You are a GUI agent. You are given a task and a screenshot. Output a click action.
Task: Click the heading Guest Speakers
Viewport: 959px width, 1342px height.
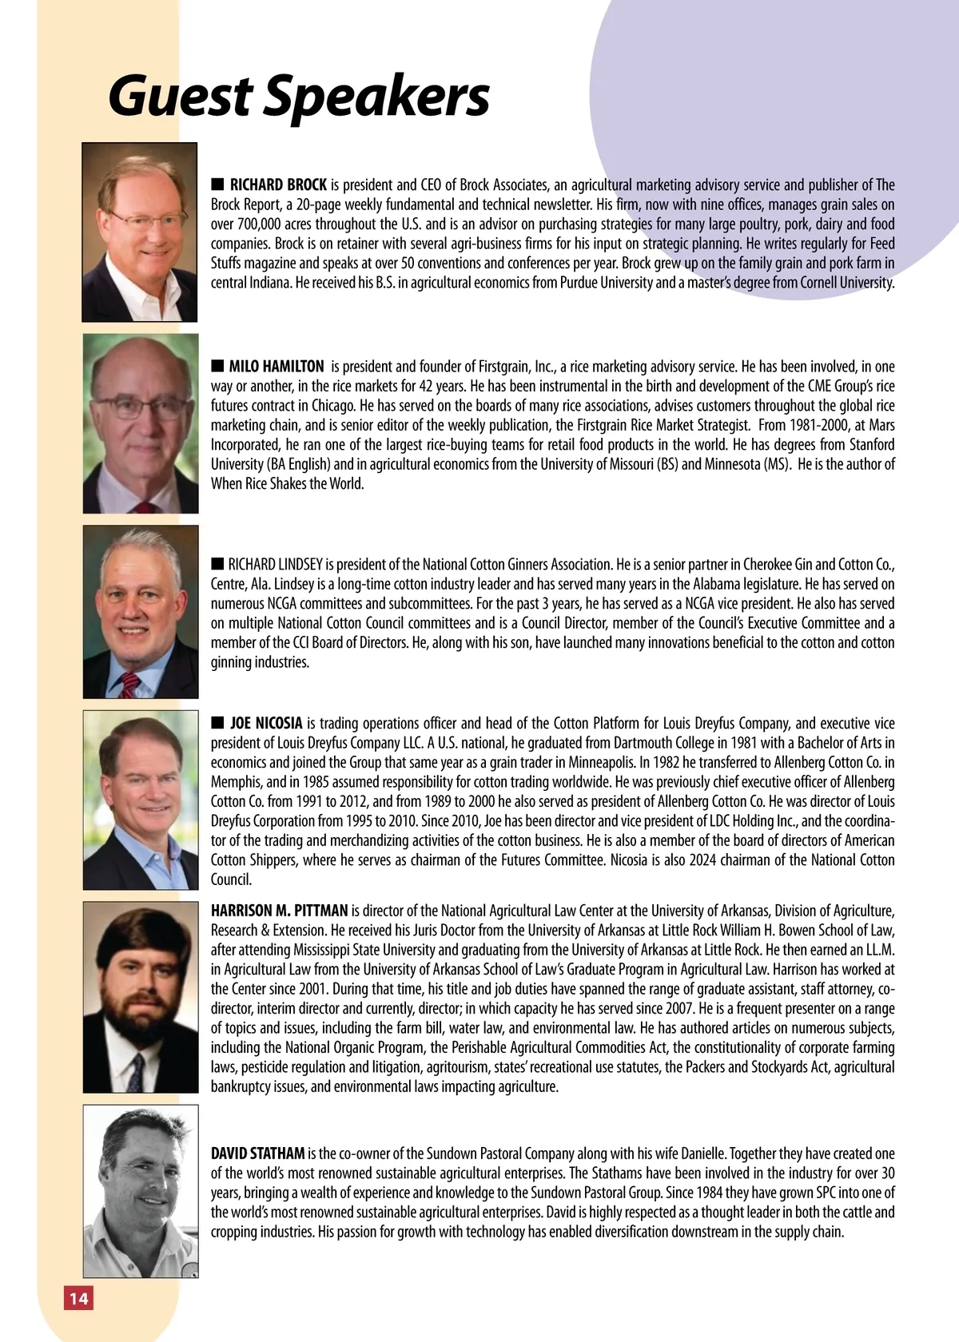[298, 96]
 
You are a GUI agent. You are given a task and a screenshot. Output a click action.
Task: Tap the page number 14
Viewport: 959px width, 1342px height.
[78, 1298]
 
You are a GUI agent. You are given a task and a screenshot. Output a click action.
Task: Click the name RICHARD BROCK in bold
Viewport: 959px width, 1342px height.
[278, 185]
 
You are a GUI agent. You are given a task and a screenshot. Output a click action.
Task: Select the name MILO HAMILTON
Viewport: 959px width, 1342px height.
[277, 367]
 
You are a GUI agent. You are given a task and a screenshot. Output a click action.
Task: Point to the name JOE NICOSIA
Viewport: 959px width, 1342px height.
[266, 724]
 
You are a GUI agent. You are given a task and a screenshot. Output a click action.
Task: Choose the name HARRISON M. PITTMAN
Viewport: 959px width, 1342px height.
[280, 911]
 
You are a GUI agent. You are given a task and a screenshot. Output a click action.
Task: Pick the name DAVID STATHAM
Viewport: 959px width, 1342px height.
[257, 1153]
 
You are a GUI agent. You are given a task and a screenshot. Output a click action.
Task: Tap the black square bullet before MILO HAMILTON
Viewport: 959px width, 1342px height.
[217, 366]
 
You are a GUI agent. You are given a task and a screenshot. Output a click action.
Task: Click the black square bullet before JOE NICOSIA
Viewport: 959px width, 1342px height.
[217, 723]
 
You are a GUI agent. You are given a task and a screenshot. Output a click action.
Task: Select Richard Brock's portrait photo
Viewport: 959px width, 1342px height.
[140, 232]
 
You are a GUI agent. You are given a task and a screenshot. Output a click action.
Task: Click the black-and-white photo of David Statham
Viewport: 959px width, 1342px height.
[141, 1190]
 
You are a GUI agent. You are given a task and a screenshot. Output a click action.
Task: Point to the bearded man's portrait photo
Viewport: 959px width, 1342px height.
[141, 997]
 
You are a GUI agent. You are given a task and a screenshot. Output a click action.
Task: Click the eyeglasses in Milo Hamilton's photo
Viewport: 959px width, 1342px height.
[140, 407]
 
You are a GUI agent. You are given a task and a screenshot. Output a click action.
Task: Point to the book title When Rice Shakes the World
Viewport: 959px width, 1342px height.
[288, 483]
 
